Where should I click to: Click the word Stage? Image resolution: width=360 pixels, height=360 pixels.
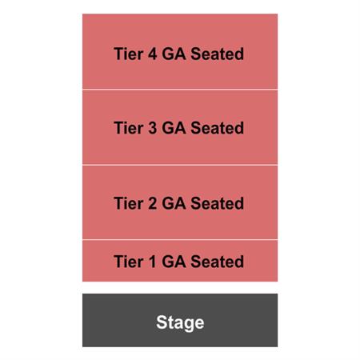(180, 322)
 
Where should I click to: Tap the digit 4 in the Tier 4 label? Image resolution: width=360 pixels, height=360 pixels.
(152, 54)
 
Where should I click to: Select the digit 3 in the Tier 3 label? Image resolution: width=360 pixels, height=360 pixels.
(152, 128)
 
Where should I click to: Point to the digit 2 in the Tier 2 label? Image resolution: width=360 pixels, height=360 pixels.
(152, 203)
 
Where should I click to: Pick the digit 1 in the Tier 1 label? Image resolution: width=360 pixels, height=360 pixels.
(152, 262)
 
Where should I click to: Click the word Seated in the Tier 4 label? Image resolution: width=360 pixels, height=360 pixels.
(218, 54)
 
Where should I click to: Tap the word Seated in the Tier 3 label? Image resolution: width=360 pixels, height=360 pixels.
(218, 128)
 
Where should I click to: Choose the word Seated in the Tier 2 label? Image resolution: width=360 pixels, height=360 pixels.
(218, 203)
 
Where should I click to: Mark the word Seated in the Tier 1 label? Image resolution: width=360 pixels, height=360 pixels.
(218, 262)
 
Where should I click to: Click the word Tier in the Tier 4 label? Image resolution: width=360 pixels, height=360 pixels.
(129, 54)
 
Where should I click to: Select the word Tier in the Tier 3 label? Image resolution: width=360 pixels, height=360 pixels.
(129, 128)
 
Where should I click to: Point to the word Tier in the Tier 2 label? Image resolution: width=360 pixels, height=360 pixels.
(129, 203)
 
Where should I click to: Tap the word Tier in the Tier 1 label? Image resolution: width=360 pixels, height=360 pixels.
(129, 262)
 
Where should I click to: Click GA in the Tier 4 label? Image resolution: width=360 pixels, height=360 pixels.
(174, 54)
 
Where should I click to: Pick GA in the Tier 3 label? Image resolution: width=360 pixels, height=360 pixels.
(174, 128)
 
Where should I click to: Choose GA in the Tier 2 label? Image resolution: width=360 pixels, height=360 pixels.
(174, 203)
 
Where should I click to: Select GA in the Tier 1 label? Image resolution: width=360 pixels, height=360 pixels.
(174, 262)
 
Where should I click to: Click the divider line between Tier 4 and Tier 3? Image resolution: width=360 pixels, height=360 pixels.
(180, 90)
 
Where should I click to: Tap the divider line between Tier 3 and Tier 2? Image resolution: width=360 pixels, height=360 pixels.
(180, 165)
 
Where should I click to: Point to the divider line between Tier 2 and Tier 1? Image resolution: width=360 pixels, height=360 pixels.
(180, 240)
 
